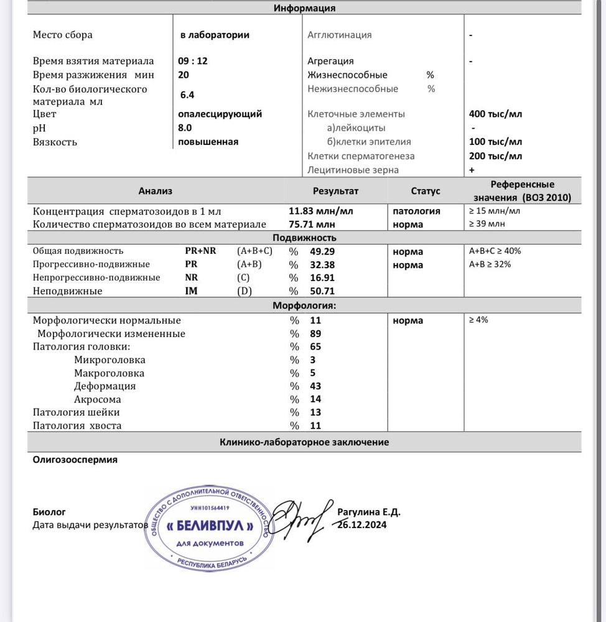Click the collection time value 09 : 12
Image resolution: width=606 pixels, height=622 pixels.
pyautogui.click(x=193, y=62)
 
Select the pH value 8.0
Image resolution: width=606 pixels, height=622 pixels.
pyautogui.click(x=185, y=128)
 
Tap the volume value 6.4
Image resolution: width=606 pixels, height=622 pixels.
pyautogui.click(x=187, y=95)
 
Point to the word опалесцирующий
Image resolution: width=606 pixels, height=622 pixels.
pyautogui.click(x=220, y=114)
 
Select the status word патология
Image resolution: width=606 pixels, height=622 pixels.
pyautogui.click(x=416, y=211)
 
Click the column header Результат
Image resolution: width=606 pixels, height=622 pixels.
pyautogui.click(x=335, y=191)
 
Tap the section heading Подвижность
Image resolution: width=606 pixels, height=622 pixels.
pyautogui.click(x=304, y=238)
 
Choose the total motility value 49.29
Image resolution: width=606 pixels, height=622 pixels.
pyautogui.click(x=322, y=251)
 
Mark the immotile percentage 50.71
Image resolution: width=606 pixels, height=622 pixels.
pyautogui.click(x=322, y=290)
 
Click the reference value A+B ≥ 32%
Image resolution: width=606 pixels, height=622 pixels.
pyautogui.click(x=494, y=264)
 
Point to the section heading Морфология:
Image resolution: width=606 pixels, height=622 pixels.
pyautogui.click(x=304, y=306)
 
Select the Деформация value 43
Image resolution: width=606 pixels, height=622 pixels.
pyautogui.click(x=315, y=386)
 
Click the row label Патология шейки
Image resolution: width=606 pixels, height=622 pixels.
pyautogui.click(x=76, y=412)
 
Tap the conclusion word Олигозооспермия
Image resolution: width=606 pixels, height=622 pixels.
pyautogui.click(x=75, y=460)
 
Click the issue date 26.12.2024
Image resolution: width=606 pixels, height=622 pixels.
pyautogui.click(x=361, y=524)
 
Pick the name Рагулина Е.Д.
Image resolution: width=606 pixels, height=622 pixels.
pyautogui.click(x=369, y=512)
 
